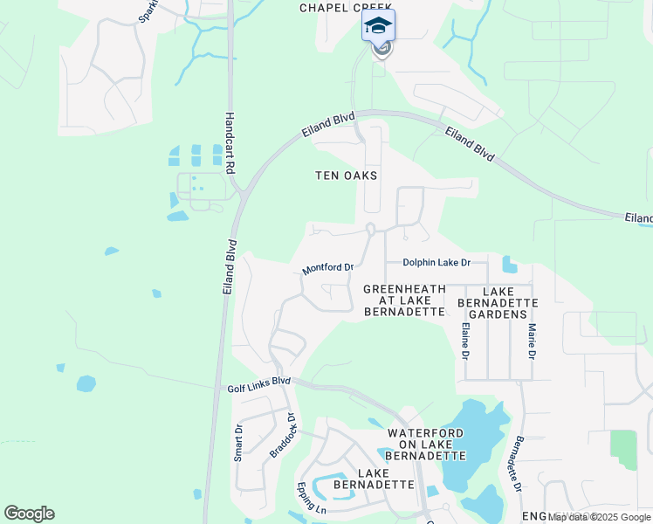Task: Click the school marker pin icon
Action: point(378,25)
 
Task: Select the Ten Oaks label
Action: point(346,176)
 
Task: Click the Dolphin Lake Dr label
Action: point(436,262)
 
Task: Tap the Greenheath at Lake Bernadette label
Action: point(404,300)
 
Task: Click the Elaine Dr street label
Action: point(464,341)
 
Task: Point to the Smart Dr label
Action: point(237,442)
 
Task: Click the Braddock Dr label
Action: point(283,435)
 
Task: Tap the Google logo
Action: point(29,514)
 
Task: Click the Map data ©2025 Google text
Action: point(599,517)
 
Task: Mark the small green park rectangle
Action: point(623,450)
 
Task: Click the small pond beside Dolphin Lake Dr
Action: point(509,264)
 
